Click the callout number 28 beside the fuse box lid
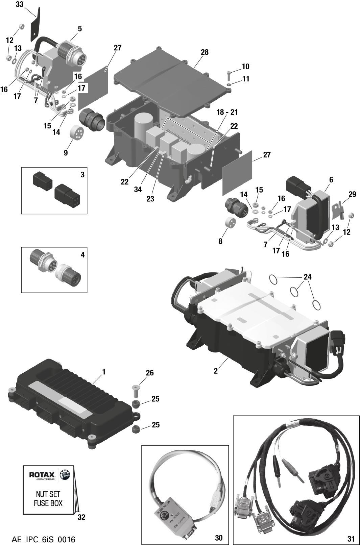point(205,52)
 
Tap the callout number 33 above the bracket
point(20,4)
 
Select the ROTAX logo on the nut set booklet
point(41,475)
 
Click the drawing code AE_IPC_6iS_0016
point(43,539)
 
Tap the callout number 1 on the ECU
point(104,372)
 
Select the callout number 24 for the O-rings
point(307,277)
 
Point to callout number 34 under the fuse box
point(138,190)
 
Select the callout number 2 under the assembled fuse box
point(216,371)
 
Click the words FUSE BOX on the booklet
point(48,503)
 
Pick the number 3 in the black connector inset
point(82,175)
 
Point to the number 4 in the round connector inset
point(82,254)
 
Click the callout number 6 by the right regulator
point(331,180)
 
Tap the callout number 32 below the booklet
point(81,517)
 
